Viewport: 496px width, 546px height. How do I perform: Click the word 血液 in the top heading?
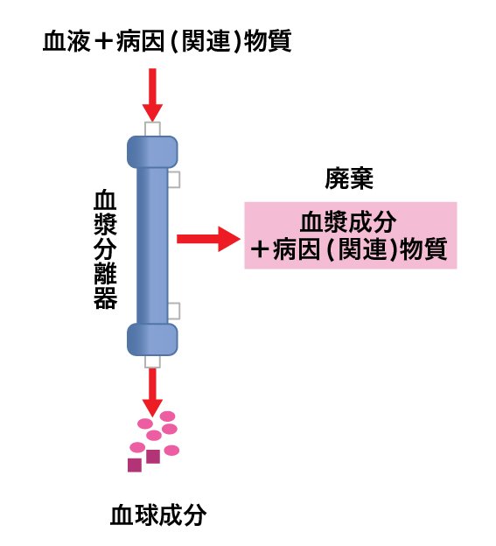click(66, 41)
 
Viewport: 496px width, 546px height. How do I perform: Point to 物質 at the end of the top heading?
click(268, 41)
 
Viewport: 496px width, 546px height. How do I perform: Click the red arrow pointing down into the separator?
click(152, 94)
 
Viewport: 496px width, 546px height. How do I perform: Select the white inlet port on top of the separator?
click(152, 129)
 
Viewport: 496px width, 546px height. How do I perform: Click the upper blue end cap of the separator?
click(152, 152)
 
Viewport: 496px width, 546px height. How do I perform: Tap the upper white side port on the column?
click(174, 179)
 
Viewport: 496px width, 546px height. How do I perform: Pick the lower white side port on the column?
click(174, 311)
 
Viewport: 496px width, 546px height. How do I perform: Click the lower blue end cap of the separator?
click(152, 339)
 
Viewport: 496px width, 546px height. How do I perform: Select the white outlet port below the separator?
click(152, 361)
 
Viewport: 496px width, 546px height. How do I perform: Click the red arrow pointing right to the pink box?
click(208, 239)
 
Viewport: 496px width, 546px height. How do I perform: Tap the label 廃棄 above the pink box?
click(349, 178)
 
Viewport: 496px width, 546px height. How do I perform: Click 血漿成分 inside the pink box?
click(348, 222)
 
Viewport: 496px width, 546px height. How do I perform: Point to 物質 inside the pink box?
click(423, 249)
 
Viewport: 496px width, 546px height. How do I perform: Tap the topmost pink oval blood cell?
click(167, 416)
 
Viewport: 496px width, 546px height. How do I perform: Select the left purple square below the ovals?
click(135, 465)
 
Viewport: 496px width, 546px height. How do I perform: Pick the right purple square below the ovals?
click(153, 457)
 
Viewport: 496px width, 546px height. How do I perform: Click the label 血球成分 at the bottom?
click(158, 515)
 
